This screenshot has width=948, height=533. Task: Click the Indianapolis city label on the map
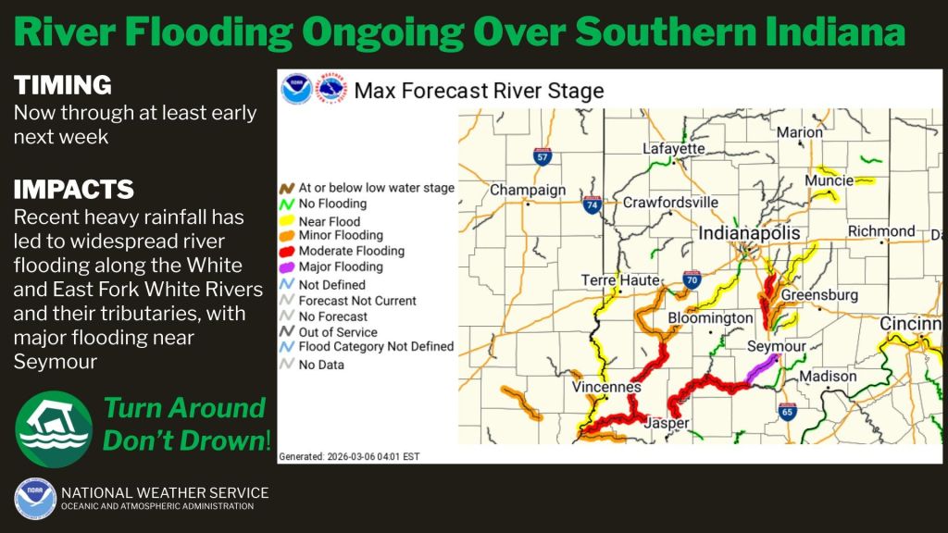pyautogui.click(x=749, y=233)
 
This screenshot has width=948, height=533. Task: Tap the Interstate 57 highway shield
pyautogui.click(x=543, y=156)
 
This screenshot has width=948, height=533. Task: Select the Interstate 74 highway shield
pyautogui.click(x=592, y=205)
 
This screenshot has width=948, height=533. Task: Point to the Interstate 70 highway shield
pyautogui.click(x=692, y=279)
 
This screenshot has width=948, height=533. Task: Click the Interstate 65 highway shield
pyautogui.click(x=787, y=412)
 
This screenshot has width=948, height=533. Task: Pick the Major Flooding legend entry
pyautogui.click(x=331, y=266)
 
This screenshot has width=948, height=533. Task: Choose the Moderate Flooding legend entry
pyautogui.click(x=343, y=251)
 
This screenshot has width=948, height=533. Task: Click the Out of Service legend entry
pyautogui.click(x=329, y=332)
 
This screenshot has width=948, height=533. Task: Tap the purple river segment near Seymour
pyautogui.click(x=763, y=367)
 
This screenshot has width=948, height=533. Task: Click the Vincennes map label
pyautogui.click(x=606, y=387)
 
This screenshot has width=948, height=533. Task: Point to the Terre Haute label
pyautogui.click(x=620, y=280)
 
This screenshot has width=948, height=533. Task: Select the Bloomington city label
pyautogui.click(x=710, y=318)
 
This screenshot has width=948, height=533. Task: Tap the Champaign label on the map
pyautogui.click(x=528, y=190)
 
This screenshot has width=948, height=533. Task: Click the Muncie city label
pyautogui.click(x=829, y=180)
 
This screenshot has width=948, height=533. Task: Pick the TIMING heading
pyautogui.click(x=63, y=85)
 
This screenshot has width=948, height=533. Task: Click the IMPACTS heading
pyautogui.click(x=74, y=190)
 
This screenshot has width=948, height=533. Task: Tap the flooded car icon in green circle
pyautogui.click(x=54, y=429)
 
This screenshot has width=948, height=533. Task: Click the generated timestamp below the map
pyautogui.click(x=349, y=457)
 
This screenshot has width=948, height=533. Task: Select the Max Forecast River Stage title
pyautogui.click(x=479, y=91)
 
